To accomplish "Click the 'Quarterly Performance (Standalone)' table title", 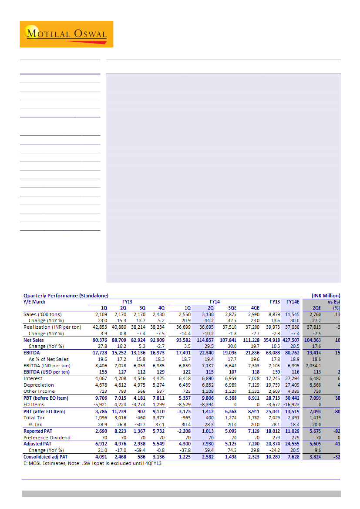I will [x=66, y=296].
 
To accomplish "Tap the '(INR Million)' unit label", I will [x=326, y=296].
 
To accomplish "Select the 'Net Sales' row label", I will [x=34, y=340].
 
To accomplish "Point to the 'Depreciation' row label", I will [x=39, y=385].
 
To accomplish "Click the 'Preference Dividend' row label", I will [x=47, y=438].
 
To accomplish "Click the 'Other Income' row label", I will [x=39, y=391].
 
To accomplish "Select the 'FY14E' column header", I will [x=293, y=301].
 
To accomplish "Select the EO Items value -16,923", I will [x=292, y=405].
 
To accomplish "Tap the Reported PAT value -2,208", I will [x=186, y=431].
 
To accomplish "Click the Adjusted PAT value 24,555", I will [x=292, y=444].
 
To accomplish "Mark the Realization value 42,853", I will [x=98, y=327].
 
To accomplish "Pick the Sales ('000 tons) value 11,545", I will [x=292, y=314].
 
